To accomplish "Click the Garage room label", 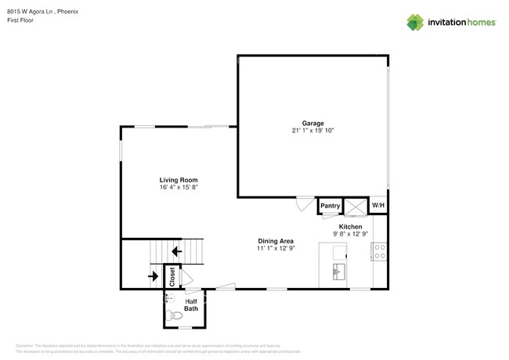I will [312, 123].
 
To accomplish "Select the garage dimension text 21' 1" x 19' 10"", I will [312, 131].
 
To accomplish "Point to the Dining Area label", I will [276, 240].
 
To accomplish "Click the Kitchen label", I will [350, 225].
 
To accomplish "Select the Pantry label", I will [330, 206].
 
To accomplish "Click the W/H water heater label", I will [377, 206].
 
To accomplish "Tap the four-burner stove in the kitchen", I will [379, 252].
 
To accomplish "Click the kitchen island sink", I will [338, 272].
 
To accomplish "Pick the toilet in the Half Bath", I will [171, 316].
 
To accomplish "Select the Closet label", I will [172, 275].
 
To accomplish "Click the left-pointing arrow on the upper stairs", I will [177, 251].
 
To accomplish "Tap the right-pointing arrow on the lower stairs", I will [152, 275].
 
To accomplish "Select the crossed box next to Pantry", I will [355, 207].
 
